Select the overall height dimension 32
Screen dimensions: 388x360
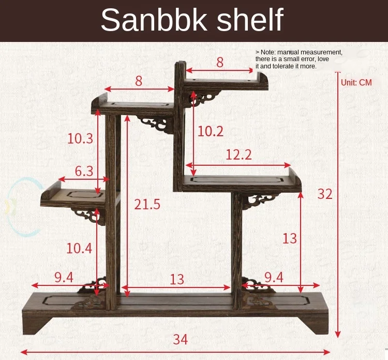pos(325,194)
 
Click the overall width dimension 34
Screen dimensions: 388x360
pos(180,340)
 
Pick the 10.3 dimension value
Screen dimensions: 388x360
pos(80,138)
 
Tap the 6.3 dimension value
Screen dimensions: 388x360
pos(84,171)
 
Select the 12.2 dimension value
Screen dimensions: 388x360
pos(238,154)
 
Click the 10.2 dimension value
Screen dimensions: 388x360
pos(210,132)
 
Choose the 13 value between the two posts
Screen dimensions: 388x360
pos(176,279)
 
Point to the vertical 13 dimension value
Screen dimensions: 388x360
pos(290,238)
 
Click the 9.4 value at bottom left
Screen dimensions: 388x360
pos(63,278)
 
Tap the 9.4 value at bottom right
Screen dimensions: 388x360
pos(274,278)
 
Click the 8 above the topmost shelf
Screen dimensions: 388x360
pos(220,63)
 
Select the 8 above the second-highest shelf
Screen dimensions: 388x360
pos(139,81)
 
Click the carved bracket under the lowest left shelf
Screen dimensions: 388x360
pos(88,213)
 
